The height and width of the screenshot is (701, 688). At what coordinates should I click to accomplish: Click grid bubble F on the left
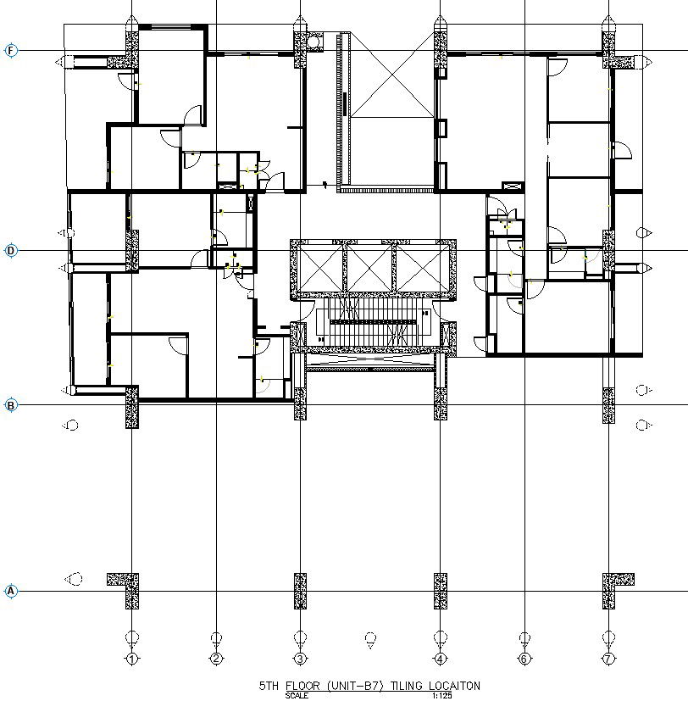click(x=11, y=51)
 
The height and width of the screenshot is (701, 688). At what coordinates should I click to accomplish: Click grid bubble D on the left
click(x=11, y=250)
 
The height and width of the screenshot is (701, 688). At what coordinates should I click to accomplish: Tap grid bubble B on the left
click(x=11, y=405)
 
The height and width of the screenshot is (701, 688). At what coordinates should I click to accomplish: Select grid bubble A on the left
click(x=11, y=591)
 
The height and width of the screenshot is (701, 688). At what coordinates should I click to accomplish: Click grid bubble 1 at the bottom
click(x=132, y=659)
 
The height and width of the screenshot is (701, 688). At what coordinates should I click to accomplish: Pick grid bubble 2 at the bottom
click(x=216, y=659)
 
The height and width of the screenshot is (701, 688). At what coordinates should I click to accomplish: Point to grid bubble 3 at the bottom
click(x=300, y=659)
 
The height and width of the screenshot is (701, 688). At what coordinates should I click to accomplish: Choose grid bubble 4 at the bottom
click(x=441, y=659)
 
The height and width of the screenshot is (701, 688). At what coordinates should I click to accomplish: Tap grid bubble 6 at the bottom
click(x=524, y=659)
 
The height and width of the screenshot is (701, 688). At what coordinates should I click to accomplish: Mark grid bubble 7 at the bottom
click(x=608, y=659)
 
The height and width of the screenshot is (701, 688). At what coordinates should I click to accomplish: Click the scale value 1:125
click(x=442, y=696)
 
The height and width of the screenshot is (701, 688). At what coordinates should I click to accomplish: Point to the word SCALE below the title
click(x=297, y=696)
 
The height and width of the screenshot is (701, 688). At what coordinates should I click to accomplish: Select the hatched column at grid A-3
click(x=300, y=591)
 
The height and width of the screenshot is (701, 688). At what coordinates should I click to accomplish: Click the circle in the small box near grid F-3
click(x=313, y=42)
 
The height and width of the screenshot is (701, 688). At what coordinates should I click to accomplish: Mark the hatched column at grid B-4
click(x=441, y=403)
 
